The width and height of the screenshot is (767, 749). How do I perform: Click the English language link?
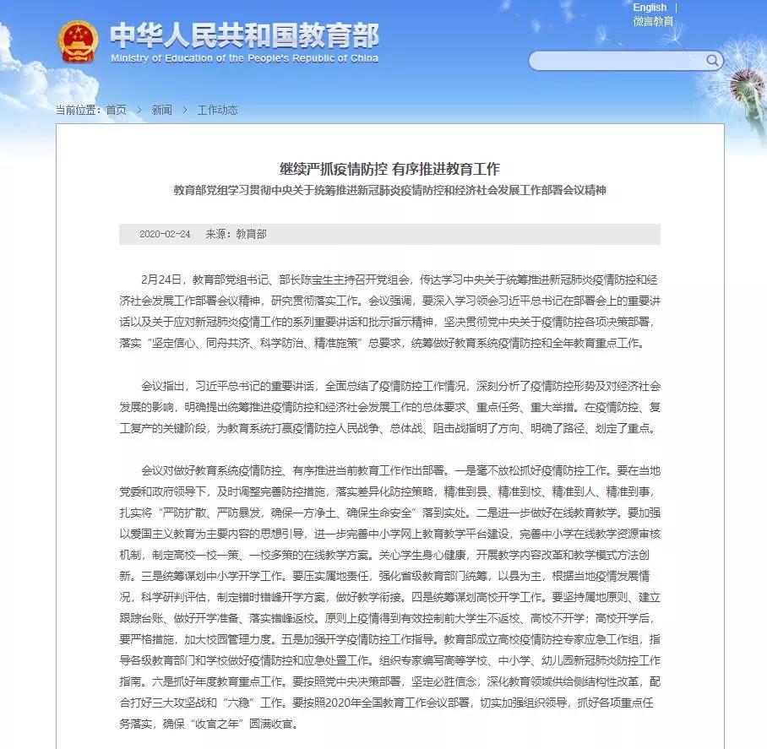click(650, 8)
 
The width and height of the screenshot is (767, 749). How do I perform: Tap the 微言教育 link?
click(653, 21)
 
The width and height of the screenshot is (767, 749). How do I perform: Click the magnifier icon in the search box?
click(713, 60)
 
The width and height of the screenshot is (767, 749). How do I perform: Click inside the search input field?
click(617, 61)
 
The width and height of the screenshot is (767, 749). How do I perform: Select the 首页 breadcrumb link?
click(117, 110)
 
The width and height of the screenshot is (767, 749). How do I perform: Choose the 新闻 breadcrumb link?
click(161, 110)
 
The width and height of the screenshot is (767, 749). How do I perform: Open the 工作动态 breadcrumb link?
click(217, 110)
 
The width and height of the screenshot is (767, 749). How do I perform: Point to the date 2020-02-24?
click(165, 234)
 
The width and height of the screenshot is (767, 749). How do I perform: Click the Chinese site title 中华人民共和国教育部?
click(244, 35)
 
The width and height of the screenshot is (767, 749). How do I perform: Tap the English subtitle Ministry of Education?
click(244, 58)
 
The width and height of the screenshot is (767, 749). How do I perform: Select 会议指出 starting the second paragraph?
click(162, 387)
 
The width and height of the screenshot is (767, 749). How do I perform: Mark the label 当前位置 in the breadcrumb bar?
click(77, 110)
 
